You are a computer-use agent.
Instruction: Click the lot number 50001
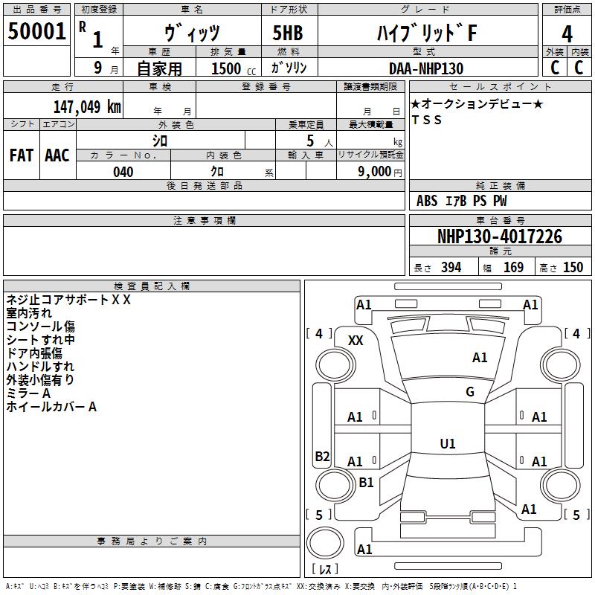pos(36,31)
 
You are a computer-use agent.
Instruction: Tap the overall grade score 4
pos(567,34)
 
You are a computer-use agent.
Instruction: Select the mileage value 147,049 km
pos(87,107)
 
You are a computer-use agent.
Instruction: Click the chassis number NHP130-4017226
pos(500,237)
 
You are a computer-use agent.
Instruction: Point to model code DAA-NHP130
pos(426,68)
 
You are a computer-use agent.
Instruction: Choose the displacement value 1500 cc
pos(234,68)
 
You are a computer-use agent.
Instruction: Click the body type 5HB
pos(288,33)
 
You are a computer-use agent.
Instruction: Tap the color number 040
pos(123,172)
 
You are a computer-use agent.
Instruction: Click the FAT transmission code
pos(22,155)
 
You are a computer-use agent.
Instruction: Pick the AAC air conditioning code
pos(57,155)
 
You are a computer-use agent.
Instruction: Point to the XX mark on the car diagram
pos(356,341)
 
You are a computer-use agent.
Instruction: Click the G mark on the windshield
pos(470,391)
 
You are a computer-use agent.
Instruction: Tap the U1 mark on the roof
pos(448,443)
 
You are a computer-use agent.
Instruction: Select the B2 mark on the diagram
pos(322,456)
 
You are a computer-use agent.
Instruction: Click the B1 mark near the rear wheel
pos(366,482)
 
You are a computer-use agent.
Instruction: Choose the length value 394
pos(451,268)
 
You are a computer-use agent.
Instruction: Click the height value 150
pos(573,268)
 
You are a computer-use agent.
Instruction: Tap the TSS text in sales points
pos(427,120)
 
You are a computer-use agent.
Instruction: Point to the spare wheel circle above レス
pos(306,543)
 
